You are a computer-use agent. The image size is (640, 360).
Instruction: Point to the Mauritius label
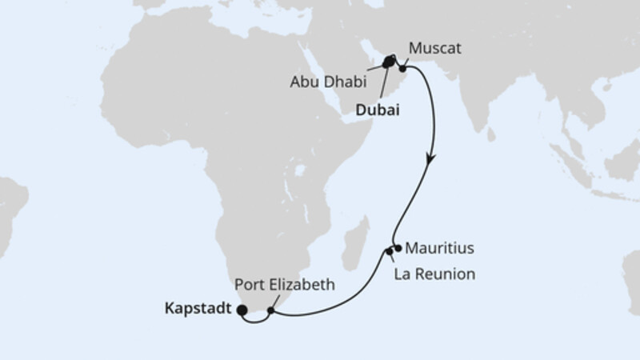[x=440, y=248]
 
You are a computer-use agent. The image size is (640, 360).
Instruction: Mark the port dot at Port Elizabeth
[x=272, y=310]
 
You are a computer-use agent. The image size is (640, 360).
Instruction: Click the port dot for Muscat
[x=404, y=69]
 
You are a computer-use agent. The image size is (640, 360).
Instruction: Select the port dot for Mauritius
[x=398, y=248]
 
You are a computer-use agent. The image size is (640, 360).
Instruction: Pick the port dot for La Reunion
[x=390, y=253]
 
